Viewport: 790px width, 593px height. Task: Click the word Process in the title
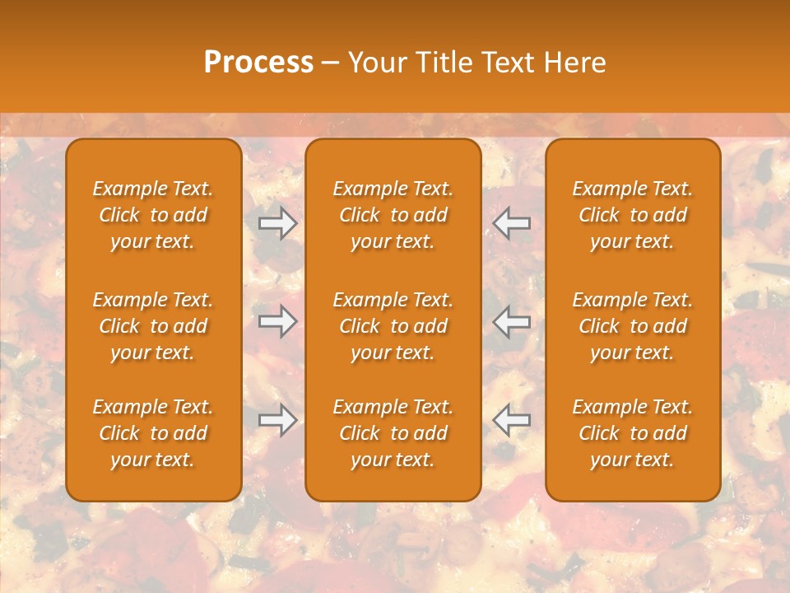click(258, 63)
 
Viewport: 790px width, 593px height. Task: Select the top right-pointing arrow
click(277, 223)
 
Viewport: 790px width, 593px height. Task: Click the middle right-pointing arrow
click(277, 321)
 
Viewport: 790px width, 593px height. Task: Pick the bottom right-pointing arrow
click(277, 420)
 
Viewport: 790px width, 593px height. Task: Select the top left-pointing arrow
click(512, 223)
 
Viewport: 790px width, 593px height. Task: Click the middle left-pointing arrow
click(512, 321)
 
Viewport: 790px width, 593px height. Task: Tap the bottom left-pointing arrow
click(512, 420)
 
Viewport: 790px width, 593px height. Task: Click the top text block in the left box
click(153, 215)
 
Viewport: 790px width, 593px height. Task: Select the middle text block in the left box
click(153, 326)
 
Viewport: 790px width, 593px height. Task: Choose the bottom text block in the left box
click(153, 433)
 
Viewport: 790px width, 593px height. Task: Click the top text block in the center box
click(393, 215)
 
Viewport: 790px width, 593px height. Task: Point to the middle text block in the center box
click(393, 326)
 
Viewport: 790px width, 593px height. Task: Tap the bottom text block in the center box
click(393, 433)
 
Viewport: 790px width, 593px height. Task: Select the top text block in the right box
click(632, 215)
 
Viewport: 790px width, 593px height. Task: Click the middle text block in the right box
click(632, 326)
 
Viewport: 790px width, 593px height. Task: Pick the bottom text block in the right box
click(632, 433)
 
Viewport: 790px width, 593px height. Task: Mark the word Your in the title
click(378, 63)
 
